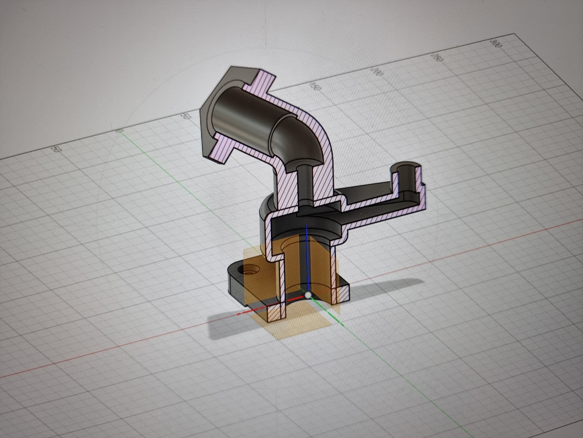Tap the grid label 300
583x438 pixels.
click(494, 45)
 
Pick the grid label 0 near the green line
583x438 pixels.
click(120, 131)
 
